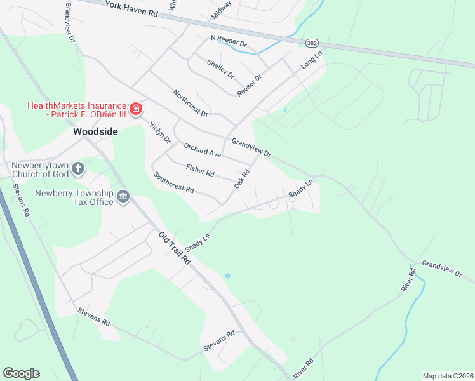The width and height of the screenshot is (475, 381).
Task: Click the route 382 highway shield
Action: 311,43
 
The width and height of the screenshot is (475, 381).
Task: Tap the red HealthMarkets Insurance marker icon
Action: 135,110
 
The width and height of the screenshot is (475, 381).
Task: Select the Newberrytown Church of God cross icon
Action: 78,168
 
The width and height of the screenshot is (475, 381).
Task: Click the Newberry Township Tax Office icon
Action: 123,197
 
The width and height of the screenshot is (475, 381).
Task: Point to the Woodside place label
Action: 95,132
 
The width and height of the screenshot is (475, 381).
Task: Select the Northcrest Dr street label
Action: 190,103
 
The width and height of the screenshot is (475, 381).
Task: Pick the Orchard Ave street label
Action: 202,150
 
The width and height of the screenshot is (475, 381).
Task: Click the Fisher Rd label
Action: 200,170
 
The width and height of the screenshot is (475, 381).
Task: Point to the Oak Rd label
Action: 240,178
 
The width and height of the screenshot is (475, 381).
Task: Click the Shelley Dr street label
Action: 220,70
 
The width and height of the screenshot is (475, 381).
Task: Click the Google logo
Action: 21,373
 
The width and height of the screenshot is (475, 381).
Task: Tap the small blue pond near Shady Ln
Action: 227,276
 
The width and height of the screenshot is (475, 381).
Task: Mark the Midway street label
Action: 222,10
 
